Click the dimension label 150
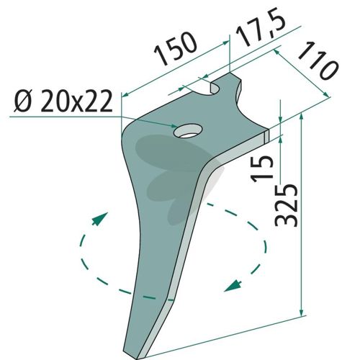pyautogui.click(x=175, y=49)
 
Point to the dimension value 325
pyautogui.click(x=287, y=205)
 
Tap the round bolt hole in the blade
pyautogui.click(x=188, y=130)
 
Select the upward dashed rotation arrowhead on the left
pyautogui.click(x=100, y=218)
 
